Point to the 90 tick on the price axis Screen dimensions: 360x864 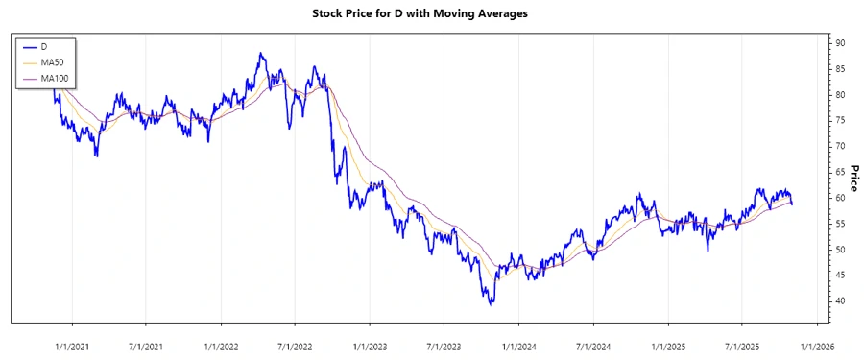click(839, 43)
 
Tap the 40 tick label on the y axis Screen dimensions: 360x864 click(839, 301)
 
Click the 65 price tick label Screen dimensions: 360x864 click(839, 172)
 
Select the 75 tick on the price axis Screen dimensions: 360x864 click(839, 120)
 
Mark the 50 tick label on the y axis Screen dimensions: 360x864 click(839, 250)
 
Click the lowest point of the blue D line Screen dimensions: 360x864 click(492, 304)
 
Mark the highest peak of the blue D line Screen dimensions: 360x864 click(261, 54)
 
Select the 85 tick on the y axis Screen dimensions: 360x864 click(839, 69)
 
